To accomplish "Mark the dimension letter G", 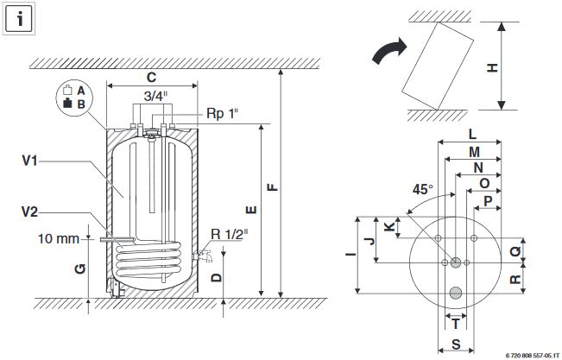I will [x=79, y=270].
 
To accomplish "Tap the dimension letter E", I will [x=250, y=210].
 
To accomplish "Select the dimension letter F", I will [x=273, y=184].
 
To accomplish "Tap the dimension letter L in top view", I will [x=472, y=135].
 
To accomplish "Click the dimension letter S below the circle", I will [x=455, y=344].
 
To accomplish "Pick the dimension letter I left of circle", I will [x=350, y=255].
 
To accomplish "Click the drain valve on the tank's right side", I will [x=204, y=255].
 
